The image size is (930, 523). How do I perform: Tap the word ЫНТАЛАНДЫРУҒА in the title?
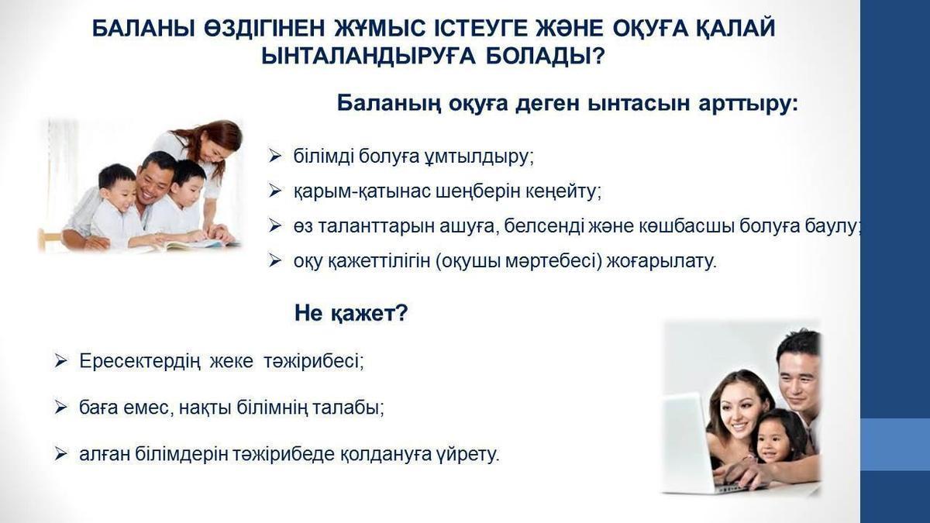(368, 56)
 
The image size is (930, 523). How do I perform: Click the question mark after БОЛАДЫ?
(598, 56)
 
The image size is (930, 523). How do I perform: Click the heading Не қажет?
(351, 312)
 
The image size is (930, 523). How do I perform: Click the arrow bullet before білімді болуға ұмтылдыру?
(274, 156)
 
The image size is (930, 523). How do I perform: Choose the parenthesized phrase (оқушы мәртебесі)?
(518, 262)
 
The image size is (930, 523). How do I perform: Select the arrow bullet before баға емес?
(60, 408)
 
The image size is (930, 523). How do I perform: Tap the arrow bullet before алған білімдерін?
(60, 454)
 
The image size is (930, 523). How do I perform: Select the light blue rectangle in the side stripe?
(894, 444)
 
